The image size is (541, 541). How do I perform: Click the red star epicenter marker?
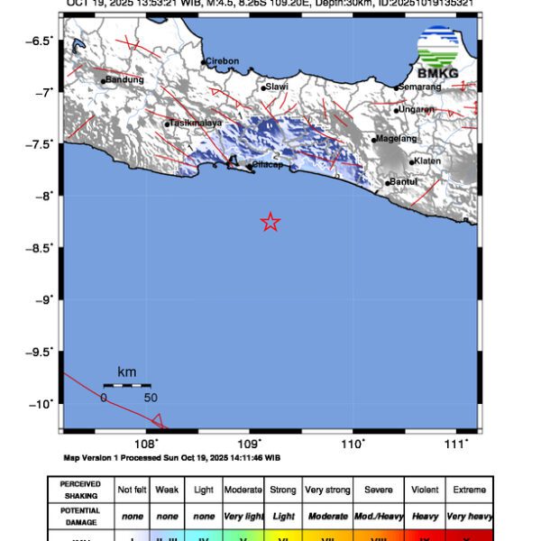(270, 222)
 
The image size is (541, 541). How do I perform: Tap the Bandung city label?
(125, 79)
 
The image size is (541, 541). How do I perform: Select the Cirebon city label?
(222, 61)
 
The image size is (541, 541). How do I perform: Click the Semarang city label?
(421, 87)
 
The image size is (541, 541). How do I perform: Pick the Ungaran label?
(417, 109)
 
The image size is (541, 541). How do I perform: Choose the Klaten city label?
(428, 161)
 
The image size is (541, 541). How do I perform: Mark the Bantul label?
(403, 182)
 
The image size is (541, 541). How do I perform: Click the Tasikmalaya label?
(196, 123)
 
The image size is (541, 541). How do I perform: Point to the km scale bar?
(126, 385)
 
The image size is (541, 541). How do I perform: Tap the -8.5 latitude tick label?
(42, 247)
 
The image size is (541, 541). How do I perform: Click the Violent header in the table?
(425, 490)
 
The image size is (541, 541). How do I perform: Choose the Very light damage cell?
(244, 516)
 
